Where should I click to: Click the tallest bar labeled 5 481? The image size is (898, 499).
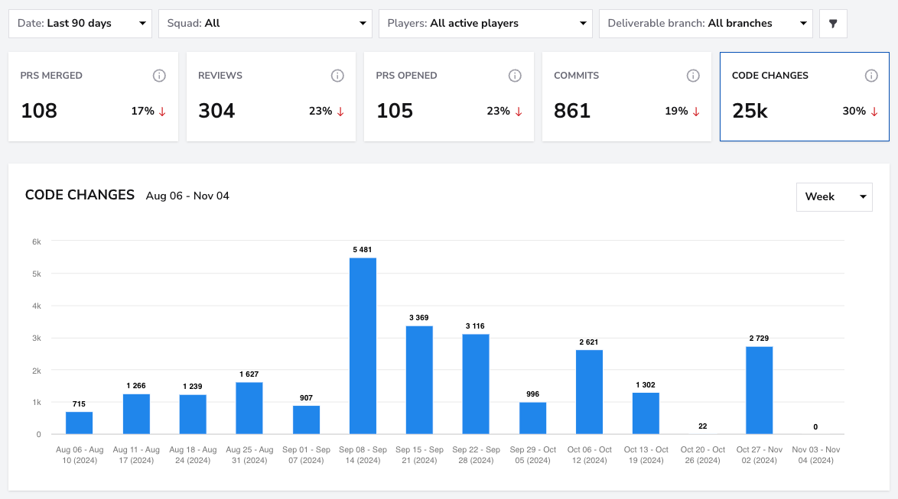pyautogui.click(x=363, y=345)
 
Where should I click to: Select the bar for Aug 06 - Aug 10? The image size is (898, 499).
pyautogui.click(x=79, y=423)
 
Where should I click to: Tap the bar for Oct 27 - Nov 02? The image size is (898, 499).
pyautogui.click(x=759, y=390)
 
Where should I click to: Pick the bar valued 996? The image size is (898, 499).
pyautogui.click(x=532, y=418)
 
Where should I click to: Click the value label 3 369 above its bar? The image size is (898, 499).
pyautogui.click(x=418, y=318)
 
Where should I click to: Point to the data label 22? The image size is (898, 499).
pyautogui.click(x=703, y=426)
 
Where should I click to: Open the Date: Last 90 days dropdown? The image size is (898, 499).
pyautogui.click(x=80, y=24)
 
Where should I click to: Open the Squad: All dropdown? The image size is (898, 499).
pyautogui.click(x=265, y=24)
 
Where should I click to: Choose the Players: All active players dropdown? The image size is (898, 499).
pyautogui.click(x=486, y=24)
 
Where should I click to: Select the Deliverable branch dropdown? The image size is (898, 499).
pyautogui.click(x=705, y=24)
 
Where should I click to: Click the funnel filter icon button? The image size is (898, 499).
pyautogui.click(x=833, y=24)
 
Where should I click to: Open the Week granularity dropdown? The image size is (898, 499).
pyautogui.click(x=835, y=197)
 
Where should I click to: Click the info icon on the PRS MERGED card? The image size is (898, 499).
pyautogui.click(x=159, y=76)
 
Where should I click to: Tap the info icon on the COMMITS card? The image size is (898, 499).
pyautogui.click(x=693, y=76)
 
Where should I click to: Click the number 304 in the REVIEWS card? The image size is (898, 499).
pyautogui.click(x=216, y=111)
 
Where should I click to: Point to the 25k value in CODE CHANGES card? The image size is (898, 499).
pyautogui.click(x=750, y=111)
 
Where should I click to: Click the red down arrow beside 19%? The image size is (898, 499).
pyautogui.click(x=696, y=112)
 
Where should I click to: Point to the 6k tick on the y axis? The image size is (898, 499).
pyautogui.click(x=37, y=241)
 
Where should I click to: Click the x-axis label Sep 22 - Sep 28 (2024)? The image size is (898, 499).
pyautogui.click(x=476, y=455)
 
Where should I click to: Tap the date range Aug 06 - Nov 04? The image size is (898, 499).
pyautogui.click(x=187, y=196)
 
